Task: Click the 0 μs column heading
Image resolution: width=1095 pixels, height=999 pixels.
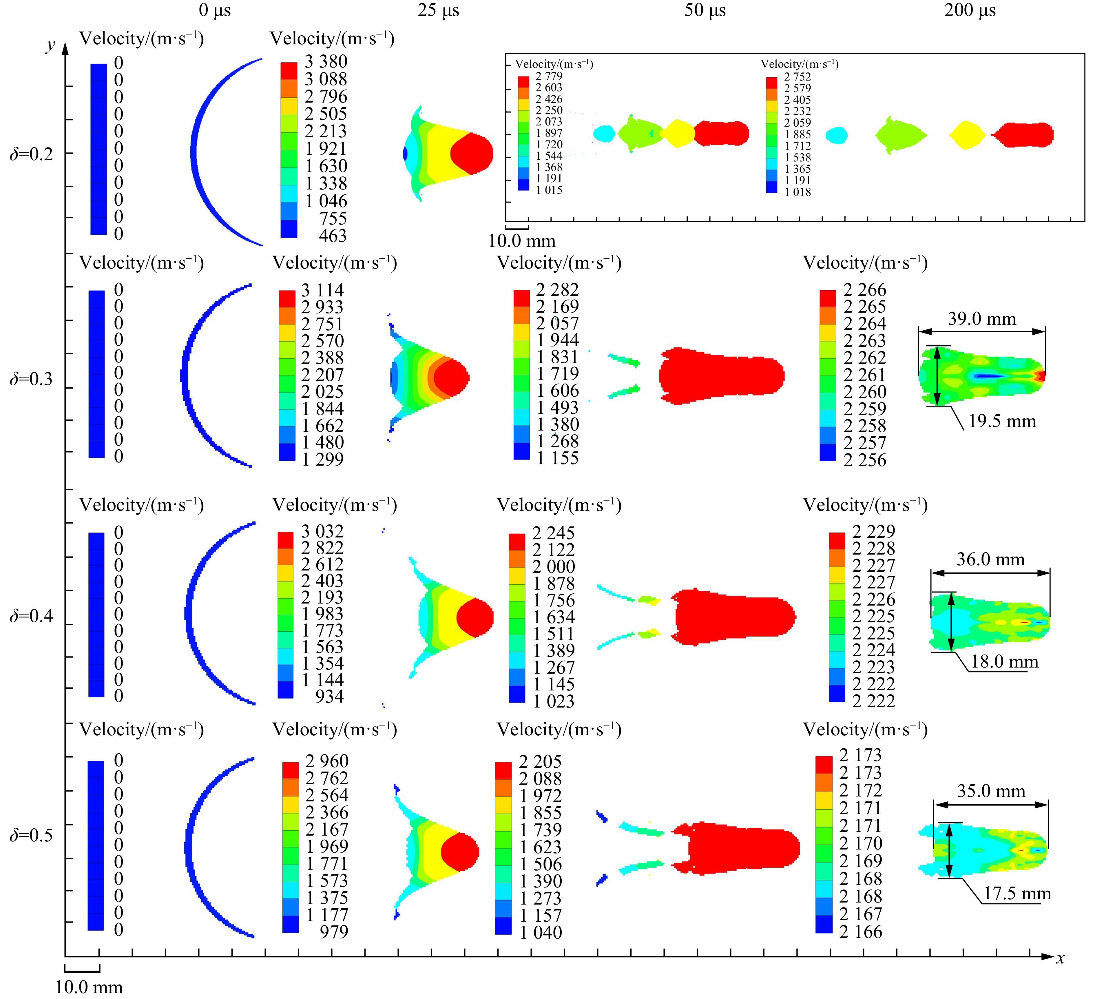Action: (x=215, y=10)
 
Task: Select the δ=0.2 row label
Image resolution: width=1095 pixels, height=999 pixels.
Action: (x=32, y=154)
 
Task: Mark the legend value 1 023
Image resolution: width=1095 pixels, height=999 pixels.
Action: (x=554, y=701)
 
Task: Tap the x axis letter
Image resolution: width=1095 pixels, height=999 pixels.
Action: (x=1060, y=958)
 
